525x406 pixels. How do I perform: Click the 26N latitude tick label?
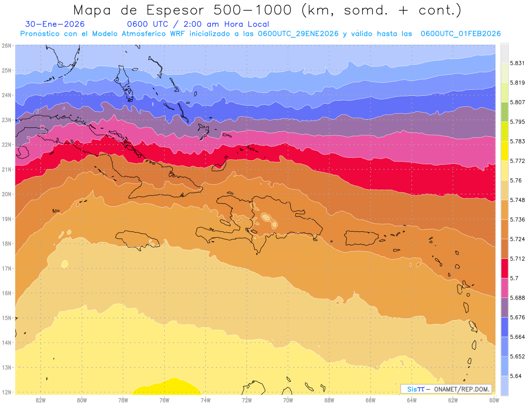(x=7, y=46)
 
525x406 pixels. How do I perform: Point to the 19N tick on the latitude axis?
(x=7, y=219)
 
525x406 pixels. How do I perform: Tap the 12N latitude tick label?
(x=7, y=392)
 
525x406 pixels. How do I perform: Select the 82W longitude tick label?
(x=41, y=400)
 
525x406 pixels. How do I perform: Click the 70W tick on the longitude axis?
(x=288, y=400)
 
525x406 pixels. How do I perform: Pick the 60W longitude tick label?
(x=494, y=400)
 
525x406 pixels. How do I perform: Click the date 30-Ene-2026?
(x=55, y=25)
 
